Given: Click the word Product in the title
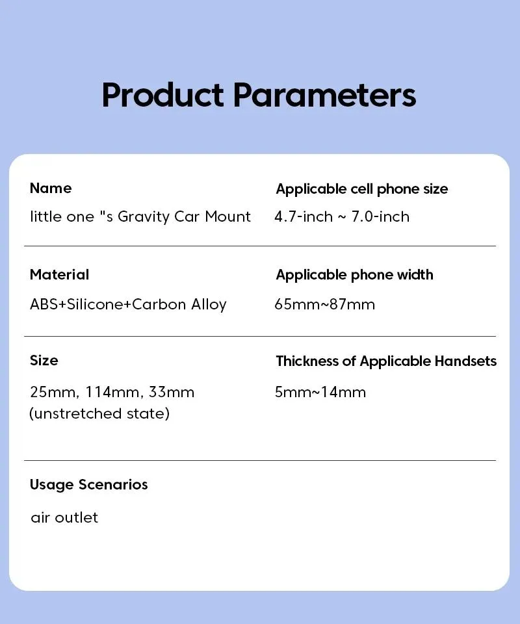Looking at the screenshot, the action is [x=162, y=96].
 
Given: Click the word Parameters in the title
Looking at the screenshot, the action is [x=324, y=95].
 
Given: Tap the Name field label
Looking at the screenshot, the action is [x=51, y=188].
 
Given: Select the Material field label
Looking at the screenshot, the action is [x=60, y=274].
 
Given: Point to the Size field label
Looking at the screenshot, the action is [x=44, y=360].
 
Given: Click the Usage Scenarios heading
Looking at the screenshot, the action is [x=88, y=484].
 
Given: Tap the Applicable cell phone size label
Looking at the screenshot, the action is [x=362, y=188].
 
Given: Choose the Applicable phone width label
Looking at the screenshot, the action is [x=354, y=274].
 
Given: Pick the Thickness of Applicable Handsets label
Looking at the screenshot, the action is [x=386, y=361].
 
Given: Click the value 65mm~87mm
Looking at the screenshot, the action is [x=324, y=304].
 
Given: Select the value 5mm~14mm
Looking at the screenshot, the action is [x=320, y=392].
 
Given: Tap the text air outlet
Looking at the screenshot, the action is [x=64, y=517].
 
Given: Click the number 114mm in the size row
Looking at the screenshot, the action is [x=112, y=392].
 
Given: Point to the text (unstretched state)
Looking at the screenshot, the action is [x=99, y=413].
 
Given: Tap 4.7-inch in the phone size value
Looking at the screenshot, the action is [x=304, y=217].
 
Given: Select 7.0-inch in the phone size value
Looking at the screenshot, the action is [x=380, y=217].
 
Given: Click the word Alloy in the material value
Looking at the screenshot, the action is [x=209, y=305].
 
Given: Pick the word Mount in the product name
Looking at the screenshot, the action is [x=228, y=217].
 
